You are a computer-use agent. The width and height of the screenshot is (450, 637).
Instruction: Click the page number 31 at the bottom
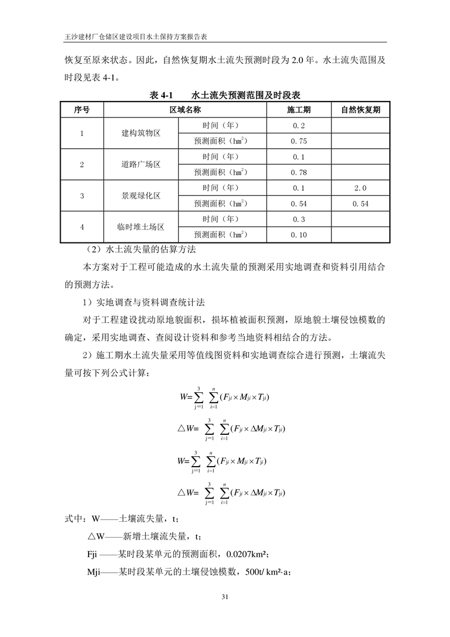225,597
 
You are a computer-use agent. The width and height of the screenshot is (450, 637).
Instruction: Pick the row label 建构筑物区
141,133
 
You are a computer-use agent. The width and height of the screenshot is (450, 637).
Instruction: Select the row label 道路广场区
141,165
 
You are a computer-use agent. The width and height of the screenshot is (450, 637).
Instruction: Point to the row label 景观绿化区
141,196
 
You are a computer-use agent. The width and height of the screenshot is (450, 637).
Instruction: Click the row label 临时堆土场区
141,227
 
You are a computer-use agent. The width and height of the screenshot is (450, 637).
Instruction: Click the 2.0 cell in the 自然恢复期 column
360,188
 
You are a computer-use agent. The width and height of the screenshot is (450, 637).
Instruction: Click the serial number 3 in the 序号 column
82,196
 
